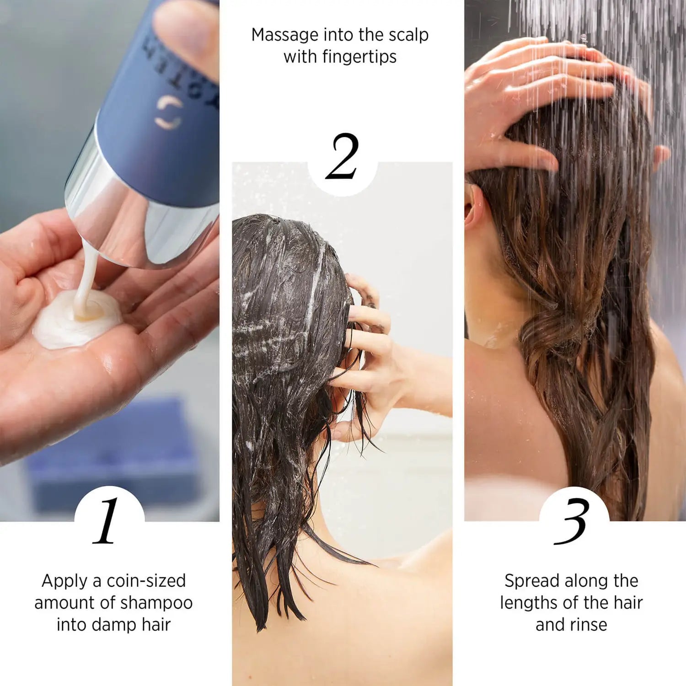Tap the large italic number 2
(x=342, y=156)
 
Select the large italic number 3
(x=572, y=521)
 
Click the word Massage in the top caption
(x=284, y=35)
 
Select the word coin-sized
(x=145, y=581)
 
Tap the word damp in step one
(x=114, y=625)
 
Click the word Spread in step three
(x=532, y=581)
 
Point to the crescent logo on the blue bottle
(x=168, y=113)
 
